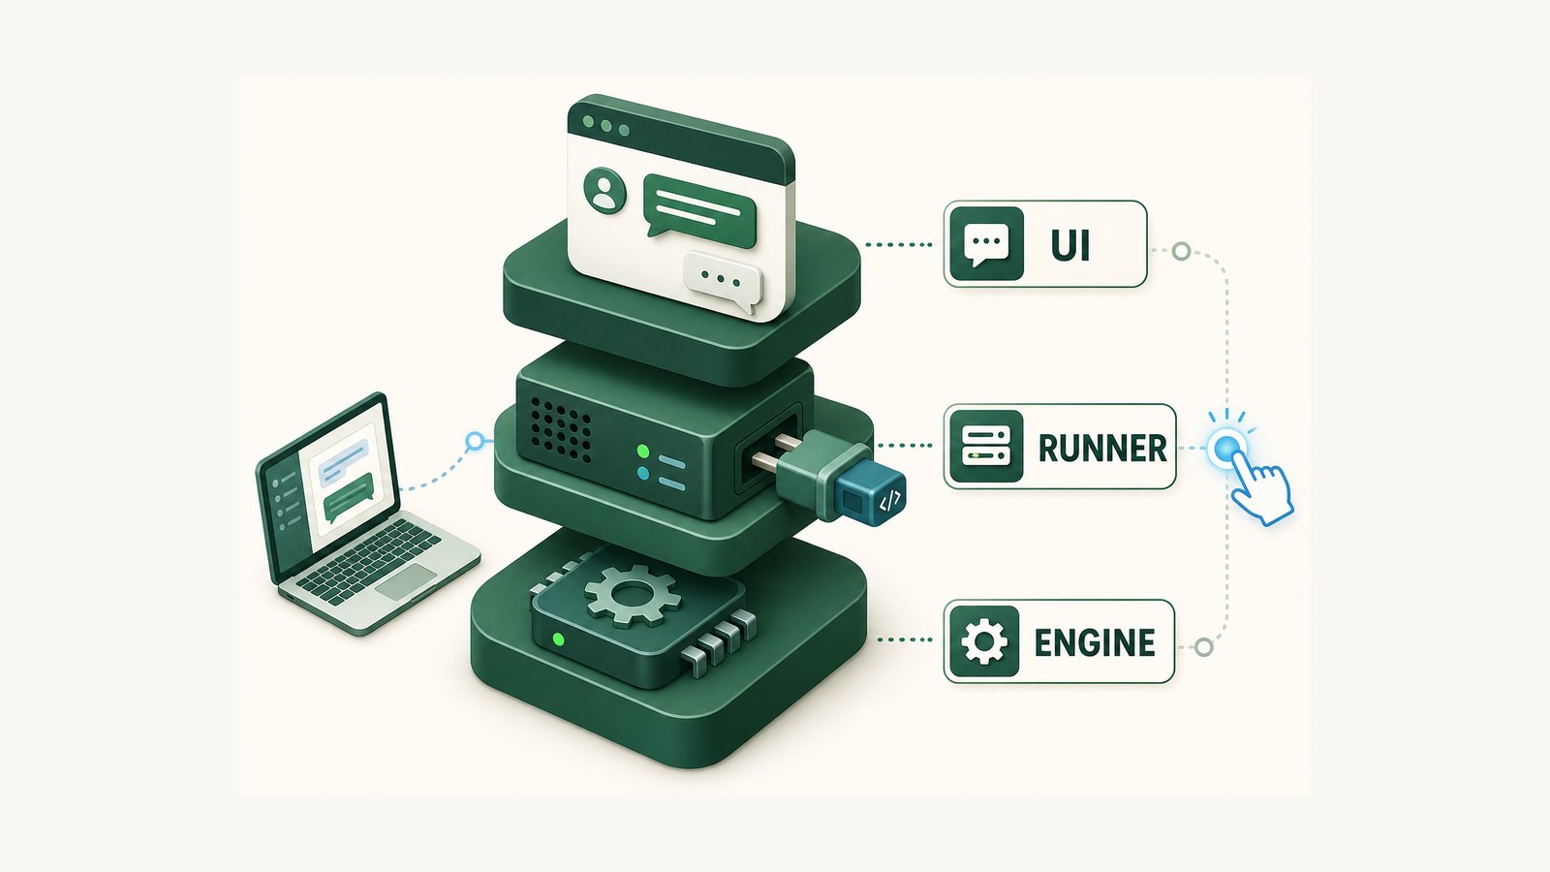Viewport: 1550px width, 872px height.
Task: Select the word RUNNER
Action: [1103, 449]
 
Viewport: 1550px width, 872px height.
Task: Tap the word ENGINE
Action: [1095, 642]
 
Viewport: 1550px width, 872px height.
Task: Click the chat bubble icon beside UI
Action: [986, 243]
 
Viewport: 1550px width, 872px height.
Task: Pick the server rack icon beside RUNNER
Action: [986, 447]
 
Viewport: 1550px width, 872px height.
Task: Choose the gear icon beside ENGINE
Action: [984, 641]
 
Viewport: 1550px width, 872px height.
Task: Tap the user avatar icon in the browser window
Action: [604, 190]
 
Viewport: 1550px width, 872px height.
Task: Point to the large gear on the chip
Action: [632, 594]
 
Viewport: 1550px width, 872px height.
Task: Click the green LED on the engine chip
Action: [559, 639]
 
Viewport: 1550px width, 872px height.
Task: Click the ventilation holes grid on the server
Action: [561, 429]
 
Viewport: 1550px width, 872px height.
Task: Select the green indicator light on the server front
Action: [643, 452]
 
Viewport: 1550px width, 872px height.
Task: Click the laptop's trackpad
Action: [406, 582]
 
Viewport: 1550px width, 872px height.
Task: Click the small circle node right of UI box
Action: [1181, 251]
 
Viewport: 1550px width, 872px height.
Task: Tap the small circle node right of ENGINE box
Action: [1204, 648]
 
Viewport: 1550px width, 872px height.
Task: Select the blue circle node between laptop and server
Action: [475, 441]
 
